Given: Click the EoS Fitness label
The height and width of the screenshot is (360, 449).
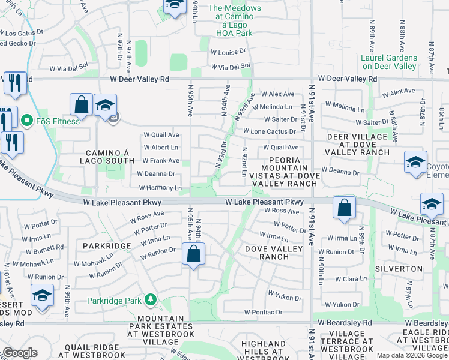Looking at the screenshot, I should [x=57, y=122].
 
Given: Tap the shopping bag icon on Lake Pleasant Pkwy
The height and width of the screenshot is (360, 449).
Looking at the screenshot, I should [x=344, y=209].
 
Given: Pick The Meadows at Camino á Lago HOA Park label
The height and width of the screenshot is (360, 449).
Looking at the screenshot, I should [x=235, y=22].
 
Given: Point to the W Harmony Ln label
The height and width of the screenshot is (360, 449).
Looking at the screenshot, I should [x=160, y=188].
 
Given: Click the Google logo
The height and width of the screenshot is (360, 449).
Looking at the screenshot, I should [x=20, y=353].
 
